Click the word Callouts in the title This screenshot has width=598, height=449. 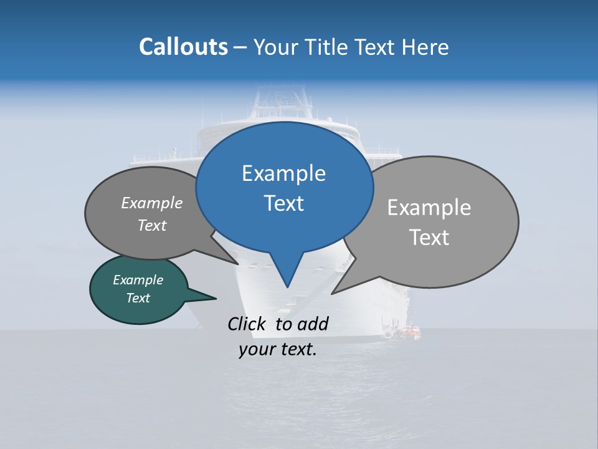pos(183,47)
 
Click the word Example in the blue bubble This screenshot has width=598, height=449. pos(283,173)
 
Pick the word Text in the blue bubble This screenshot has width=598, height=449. pos(283,203)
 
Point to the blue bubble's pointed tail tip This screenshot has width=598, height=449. pos(287,287)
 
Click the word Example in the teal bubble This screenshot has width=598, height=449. pos(138,280)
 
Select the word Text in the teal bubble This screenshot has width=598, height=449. pos(138,298)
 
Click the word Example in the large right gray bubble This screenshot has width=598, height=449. pos(429,208)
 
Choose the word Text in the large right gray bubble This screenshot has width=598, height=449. pos(429,238)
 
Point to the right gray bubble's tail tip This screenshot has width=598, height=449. pos(332,293)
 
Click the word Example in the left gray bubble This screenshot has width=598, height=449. pos(152,203)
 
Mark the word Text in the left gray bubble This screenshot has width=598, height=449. pos(152,225)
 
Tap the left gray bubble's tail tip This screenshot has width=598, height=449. pos(238,264)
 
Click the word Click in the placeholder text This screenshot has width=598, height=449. pos(247,324)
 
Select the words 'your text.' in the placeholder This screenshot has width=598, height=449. pos(277,349)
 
